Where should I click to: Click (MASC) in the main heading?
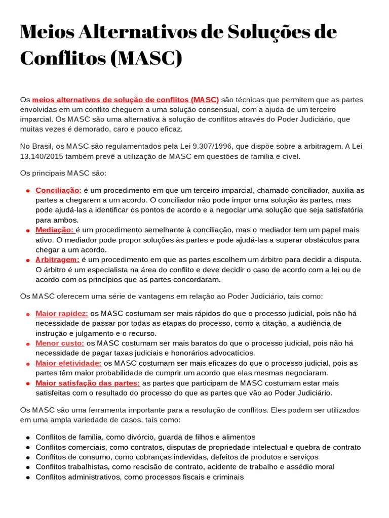click(x=145, y=58)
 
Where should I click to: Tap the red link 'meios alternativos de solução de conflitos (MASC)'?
click(x=125, y=100)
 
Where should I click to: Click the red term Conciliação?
click(x=58, y=190)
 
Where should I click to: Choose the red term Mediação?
click(x=55, y=230)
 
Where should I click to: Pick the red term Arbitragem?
click(x=57, y=260)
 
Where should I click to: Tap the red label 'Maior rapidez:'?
click(x=62, y=314)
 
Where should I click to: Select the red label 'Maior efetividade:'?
click(x=68, y=363)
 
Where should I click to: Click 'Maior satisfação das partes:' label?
click(x=88, y=383)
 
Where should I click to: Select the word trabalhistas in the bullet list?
click(x=85, y=467)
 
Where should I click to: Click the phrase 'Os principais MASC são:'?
click(x=63, y=173)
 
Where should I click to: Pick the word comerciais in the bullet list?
click(x=83, y=447)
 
